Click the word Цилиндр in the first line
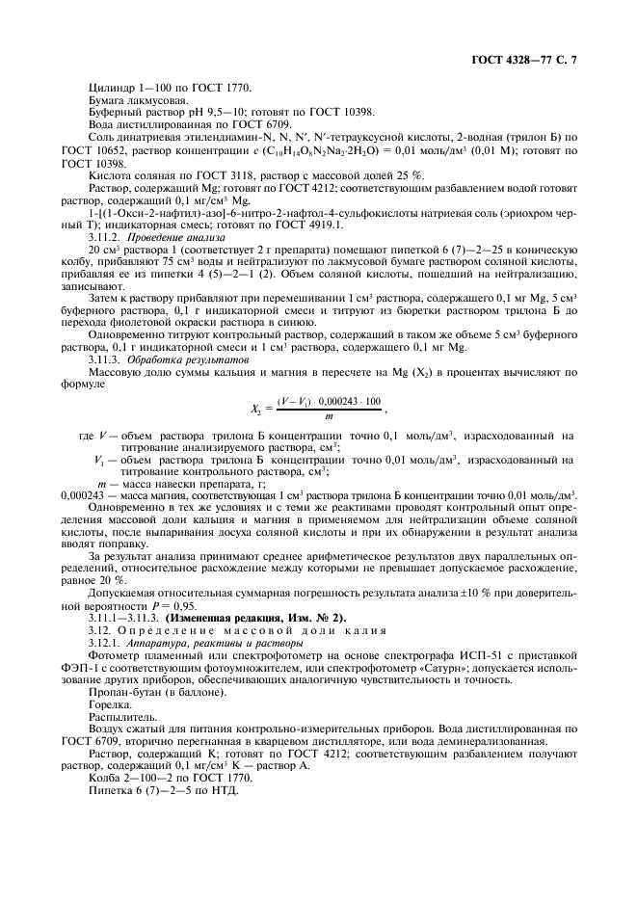[108, 88]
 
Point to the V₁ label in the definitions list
[99, 461]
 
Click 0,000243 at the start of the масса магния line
[83, 493]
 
